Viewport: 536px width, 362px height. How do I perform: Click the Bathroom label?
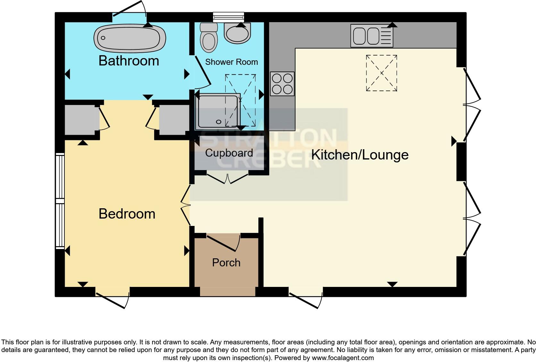point(129,61)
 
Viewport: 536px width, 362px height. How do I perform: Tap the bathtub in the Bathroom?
point(130,38)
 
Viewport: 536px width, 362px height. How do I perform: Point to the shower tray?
point(218,111)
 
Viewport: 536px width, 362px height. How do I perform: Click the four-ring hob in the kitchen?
point(282,84)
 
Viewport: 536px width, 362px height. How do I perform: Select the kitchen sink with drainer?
point(372,36)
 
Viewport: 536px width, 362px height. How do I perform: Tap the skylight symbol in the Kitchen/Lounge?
point(381,73)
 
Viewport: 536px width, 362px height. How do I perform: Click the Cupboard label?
point(229,153)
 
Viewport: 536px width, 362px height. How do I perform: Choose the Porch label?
point(226,263)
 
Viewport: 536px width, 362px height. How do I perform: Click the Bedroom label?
point(127,214)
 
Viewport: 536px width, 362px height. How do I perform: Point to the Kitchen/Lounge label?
point(360,155)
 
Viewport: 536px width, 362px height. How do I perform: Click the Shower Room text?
point(231,62)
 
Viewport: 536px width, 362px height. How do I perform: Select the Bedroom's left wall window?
point(60,201)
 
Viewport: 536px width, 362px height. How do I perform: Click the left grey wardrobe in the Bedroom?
point(80,120)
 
